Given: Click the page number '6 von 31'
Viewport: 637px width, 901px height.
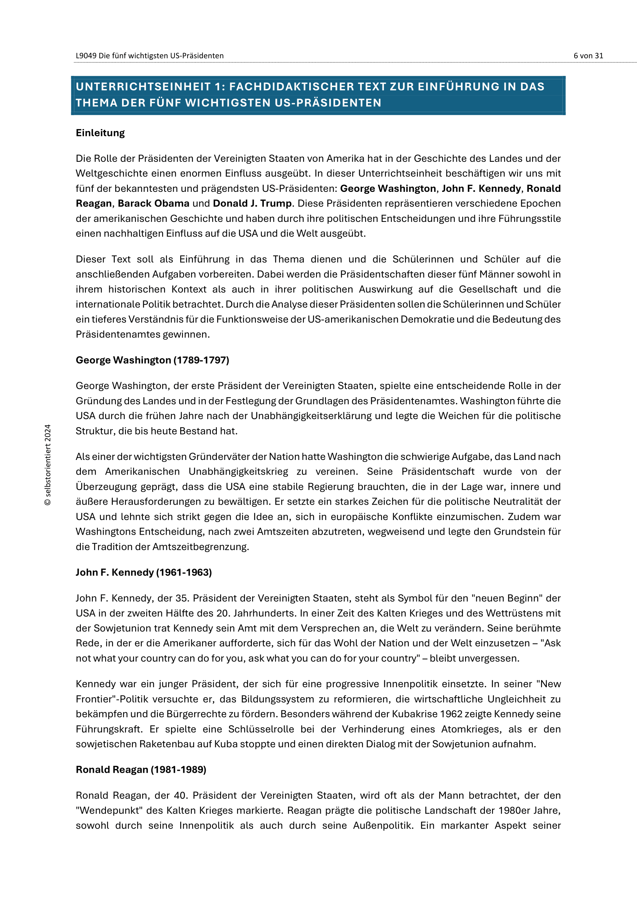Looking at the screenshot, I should click(588, 56).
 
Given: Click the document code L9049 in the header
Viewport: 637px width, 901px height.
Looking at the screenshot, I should click(86, 56).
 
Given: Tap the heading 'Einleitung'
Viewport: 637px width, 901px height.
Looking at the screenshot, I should click(100, 133).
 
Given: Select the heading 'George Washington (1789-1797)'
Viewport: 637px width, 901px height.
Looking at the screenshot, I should click(152, 360).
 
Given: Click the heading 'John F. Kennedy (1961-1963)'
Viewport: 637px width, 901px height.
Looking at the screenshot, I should click(144, 572).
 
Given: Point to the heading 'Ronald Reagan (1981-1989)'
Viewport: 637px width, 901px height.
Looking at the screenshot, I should click(141, 770).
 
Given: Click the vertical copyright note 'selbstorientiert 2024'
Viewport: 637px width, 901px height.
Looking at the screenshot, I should click(48, 465).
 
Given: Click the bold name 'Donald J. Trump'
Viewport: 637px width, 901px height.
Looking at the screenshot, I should click(252, 203).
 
